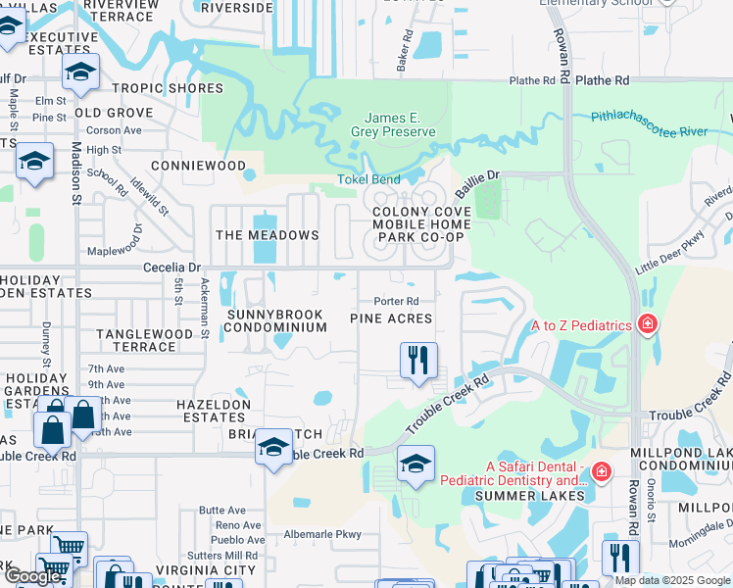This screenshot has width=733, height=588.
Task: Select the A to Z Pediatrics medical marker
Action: point(647,324)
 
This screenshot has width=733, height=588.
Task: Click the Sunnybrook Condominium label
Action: point(276,320)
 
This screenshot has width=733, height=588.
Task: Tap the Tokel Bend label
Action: point(368,179)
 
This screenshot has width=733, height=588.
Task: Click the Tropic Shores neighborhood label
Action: point(168,88)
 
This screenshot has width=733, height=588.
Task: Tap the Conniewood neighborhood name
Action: point(198,166)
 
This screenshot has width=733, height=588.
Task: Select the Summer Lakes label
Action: point(530,496)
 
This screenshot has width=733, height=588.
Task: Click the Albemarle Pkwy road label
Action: point(322,535)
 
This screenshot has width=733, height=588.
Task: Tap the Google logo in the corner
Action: point(32,576)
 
